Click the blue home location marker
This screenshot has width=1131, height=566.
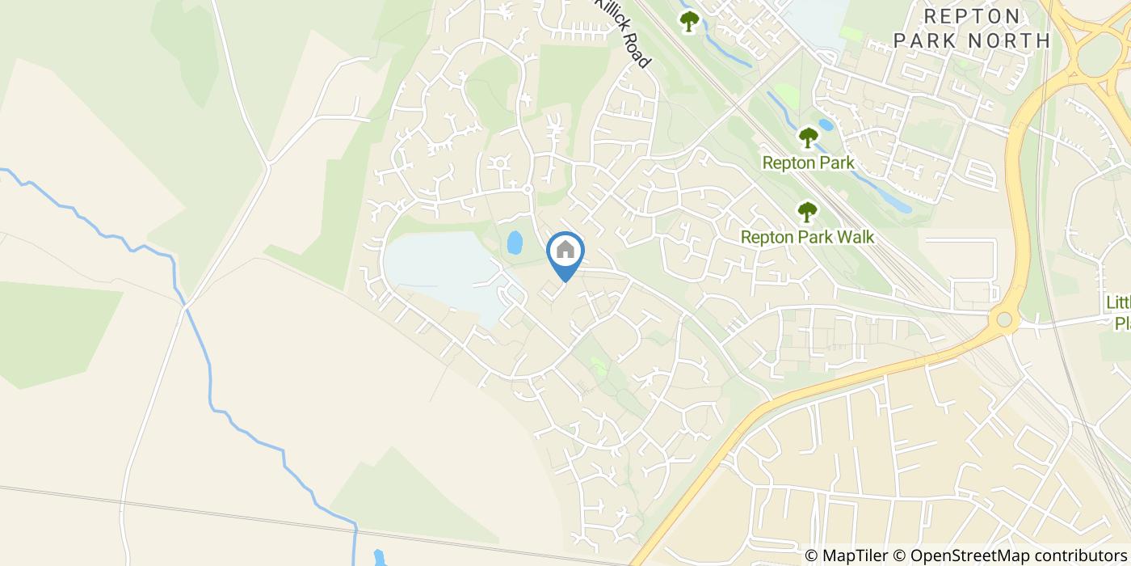[x=565, y=253]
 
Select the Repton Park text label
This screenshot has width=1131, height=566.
[x=808, y=163]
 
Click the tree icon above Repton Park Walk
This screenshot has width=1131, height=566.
[x=807, y=212]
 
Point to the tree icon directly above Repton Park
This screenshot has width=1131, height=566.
[x=808, y=137]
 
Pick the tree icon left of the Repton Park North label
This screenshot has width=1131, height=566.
[x=688, y=21]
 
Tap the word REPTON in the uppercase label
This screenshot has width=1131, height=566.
[x=973, y=16]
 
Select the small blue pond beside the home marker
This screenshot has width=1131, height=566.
[x=514, y=242]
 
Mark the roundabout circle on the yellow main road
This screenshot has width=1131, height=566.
[x=1004, y=319]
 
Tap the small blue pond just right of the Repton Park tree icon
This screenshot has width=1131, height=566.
[x=825, y=125]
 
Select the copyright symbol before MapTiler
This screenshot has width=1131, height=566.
[x=811, y=555]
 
